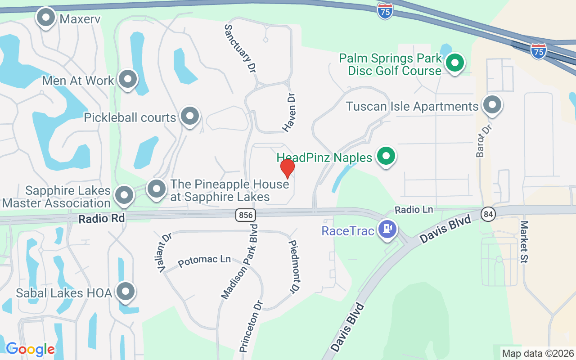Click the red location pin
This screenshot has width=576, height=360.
pyautogui.click(x=288, y=168)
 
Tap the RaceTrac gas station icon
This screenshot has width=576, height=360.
pyautogui.click(x=387, y=229)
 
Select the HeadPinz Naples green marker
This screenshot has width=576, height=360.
pyautogui.click(x=386, y=156)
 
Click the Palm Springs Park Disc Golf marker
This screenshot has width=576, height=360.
pyautogui.click(x=454, y=63)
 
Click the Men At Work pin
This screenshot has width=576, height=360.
pyautogui.click(x=128, y=79)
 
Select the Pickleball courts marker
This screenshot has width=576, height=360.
pyautogui.click(x=190, y=116)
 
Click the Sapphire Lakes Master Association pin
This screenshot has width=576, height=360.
pyautogui.click(x=124, y=196)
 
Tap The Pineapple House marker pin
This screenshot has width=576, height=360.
pyautogui.click(x=157, y=189)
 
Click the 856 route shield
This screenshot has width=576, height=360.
pyautogui.click(x=245, y=215)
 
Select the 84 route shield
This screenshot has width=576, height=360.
pyautogui.click(x=488, y=214)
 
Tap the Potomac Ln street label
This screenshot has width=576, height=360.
pyautogui.click(x=204, y=261)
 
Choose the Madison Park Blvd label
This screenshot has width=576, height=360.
pyautogui.click(x=239, y=261)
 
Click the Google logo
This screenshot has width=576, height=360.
pyautogui.click(x=30, y=349)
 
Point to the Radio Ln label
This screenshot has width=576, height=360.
pyautogui.click(x=414, y=210)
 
